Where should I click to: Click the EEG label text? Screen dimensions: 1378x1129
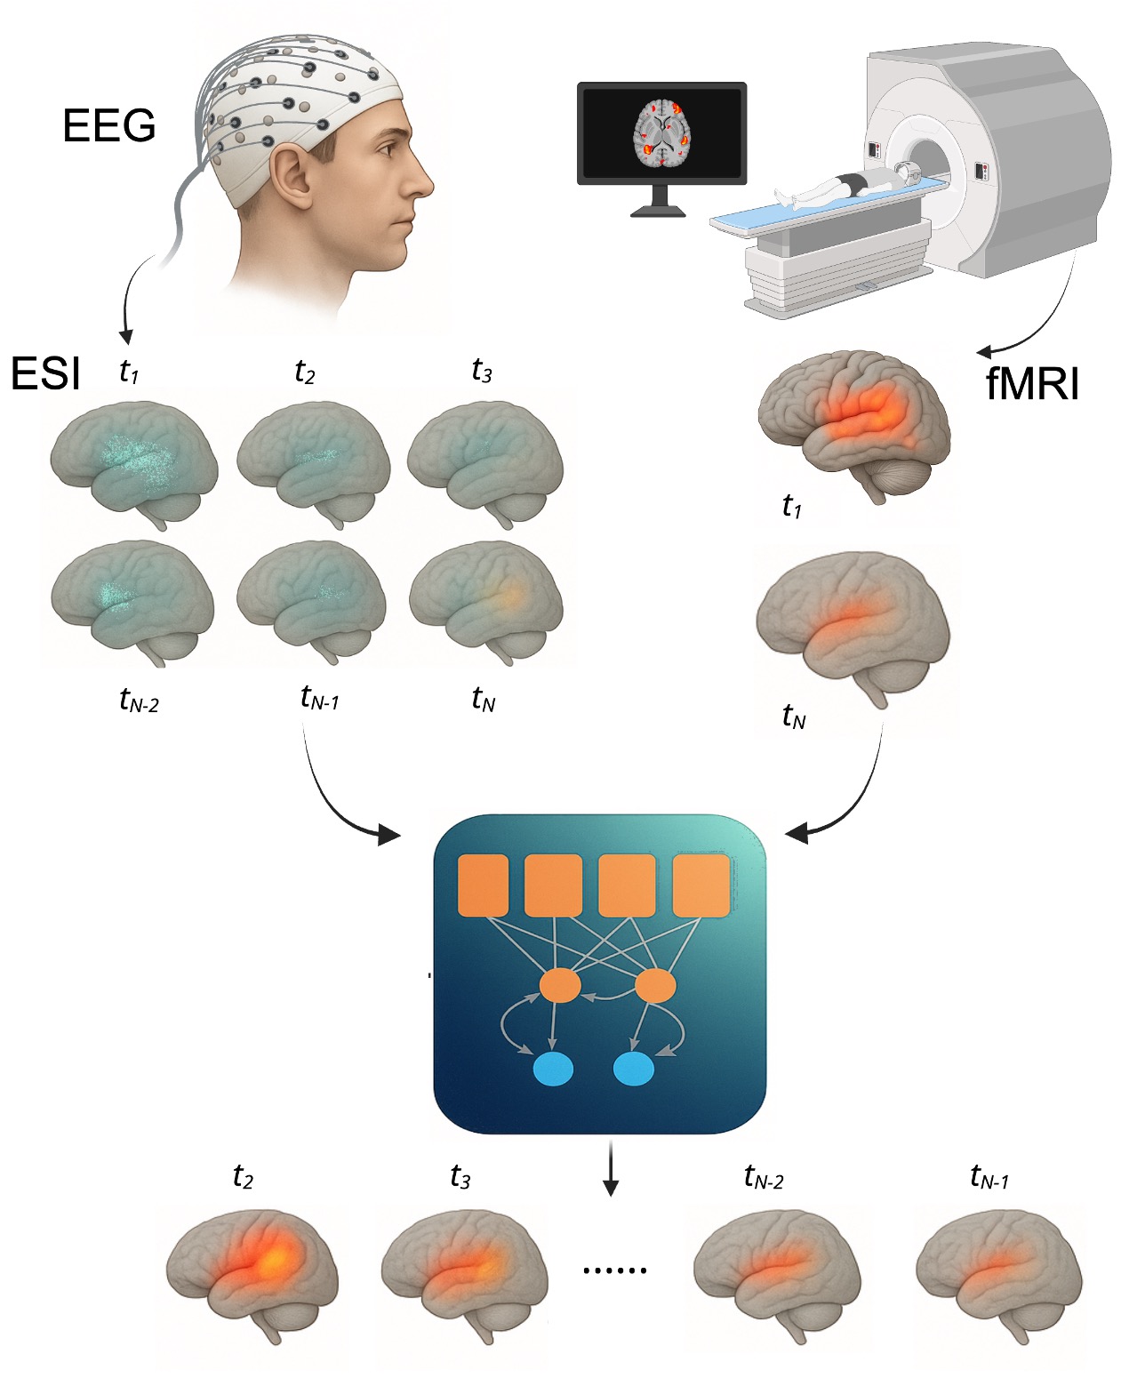click(108, 125)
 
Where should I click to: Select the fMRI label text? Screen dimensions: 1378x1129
click(1032, 384)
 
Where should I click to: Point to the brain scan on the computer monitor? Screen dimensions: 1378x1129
click(662, 133)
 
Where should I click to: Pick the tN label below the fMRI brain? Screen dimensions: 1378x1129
click(793, 716)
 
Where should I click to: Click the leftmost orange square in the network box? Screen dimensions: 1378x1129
click(483, 885)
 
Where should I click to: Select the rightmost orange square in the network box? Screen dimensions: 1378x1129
click(701, 885)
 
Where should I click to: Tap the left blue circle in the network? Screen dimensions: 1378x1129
click(553, 1069)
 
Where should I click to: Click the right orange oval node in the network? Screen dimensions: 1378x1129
click(656, 986)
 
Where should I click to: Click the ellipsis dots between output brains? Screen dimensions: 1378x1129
click(614, 1270)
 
